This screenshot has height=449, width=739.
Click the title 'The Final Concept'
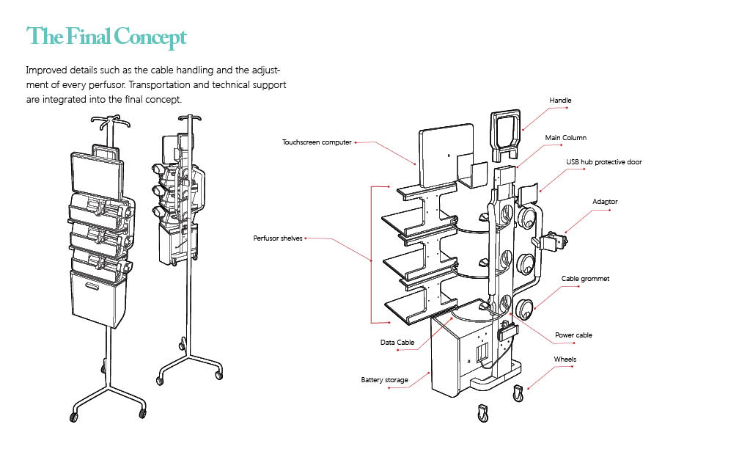pos(106,37)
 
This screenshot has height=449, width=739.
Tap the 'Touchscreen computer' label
pos(317,142)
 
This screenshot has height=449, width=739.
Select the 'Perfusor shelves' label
pos(278,238)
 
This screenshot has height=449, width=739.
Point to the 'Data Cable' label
pos(397,343)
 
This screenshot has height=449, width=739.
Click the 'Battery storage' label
pos(383,380)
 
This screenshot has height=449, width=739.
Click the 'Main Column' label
pos(565,138)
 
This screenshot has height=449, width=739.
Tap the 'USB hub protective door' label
pos(603,161)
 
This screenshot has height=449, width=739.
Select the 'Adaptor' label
pos(605,201)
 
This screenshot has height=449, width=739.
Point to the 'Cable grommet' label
pos(585,279)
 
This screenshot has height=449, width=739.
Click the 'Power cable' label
pos(573,335)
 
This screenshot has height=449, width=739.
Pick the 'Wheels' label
pos(565,359)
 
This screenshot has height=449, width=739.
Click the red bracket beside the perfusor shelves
pos(372,254)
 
